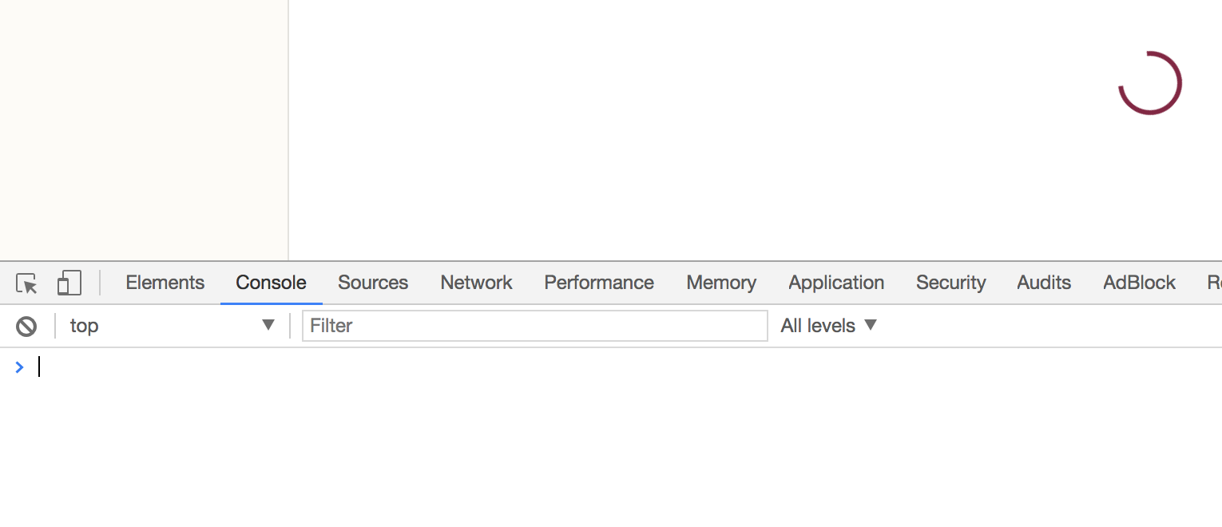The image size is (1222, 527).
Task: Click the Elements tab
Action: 165,283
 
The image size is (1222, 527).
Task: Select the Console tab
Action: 271,283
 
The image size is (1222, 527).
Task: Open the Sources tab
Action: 373,283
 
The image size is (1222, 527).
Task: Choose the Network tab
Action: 476,283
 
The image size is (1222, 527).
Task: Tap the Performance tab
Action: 599,283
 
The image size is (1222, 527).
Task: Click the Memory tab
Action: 721,283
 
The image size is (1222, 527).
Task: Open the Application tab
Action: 836,283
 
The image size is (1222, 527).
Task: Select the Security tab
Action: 950,283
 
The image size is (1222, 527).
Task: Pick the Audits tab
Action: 1044,283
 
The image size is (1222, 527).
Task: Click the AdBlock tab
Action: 1139,283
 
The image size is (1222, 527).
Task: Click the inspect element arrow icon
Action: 26,283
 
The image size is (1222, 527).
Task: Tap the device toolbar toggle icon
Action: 69,283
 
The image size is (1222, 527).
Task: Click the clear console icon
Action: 26,326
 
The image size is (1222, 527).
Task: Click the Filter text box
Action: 534,326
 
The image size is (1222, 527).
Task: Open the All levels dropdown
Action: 829,326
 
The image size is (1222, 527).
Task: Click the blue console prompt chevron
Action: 20,367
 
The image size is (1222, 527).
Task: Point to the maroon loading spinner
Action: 1149,83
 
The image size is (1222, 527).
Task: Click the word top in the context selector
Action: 84,326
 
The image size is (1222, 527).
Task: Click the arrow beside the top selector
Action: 268,325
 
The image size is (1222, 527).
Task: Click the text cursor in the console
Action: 39,367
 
